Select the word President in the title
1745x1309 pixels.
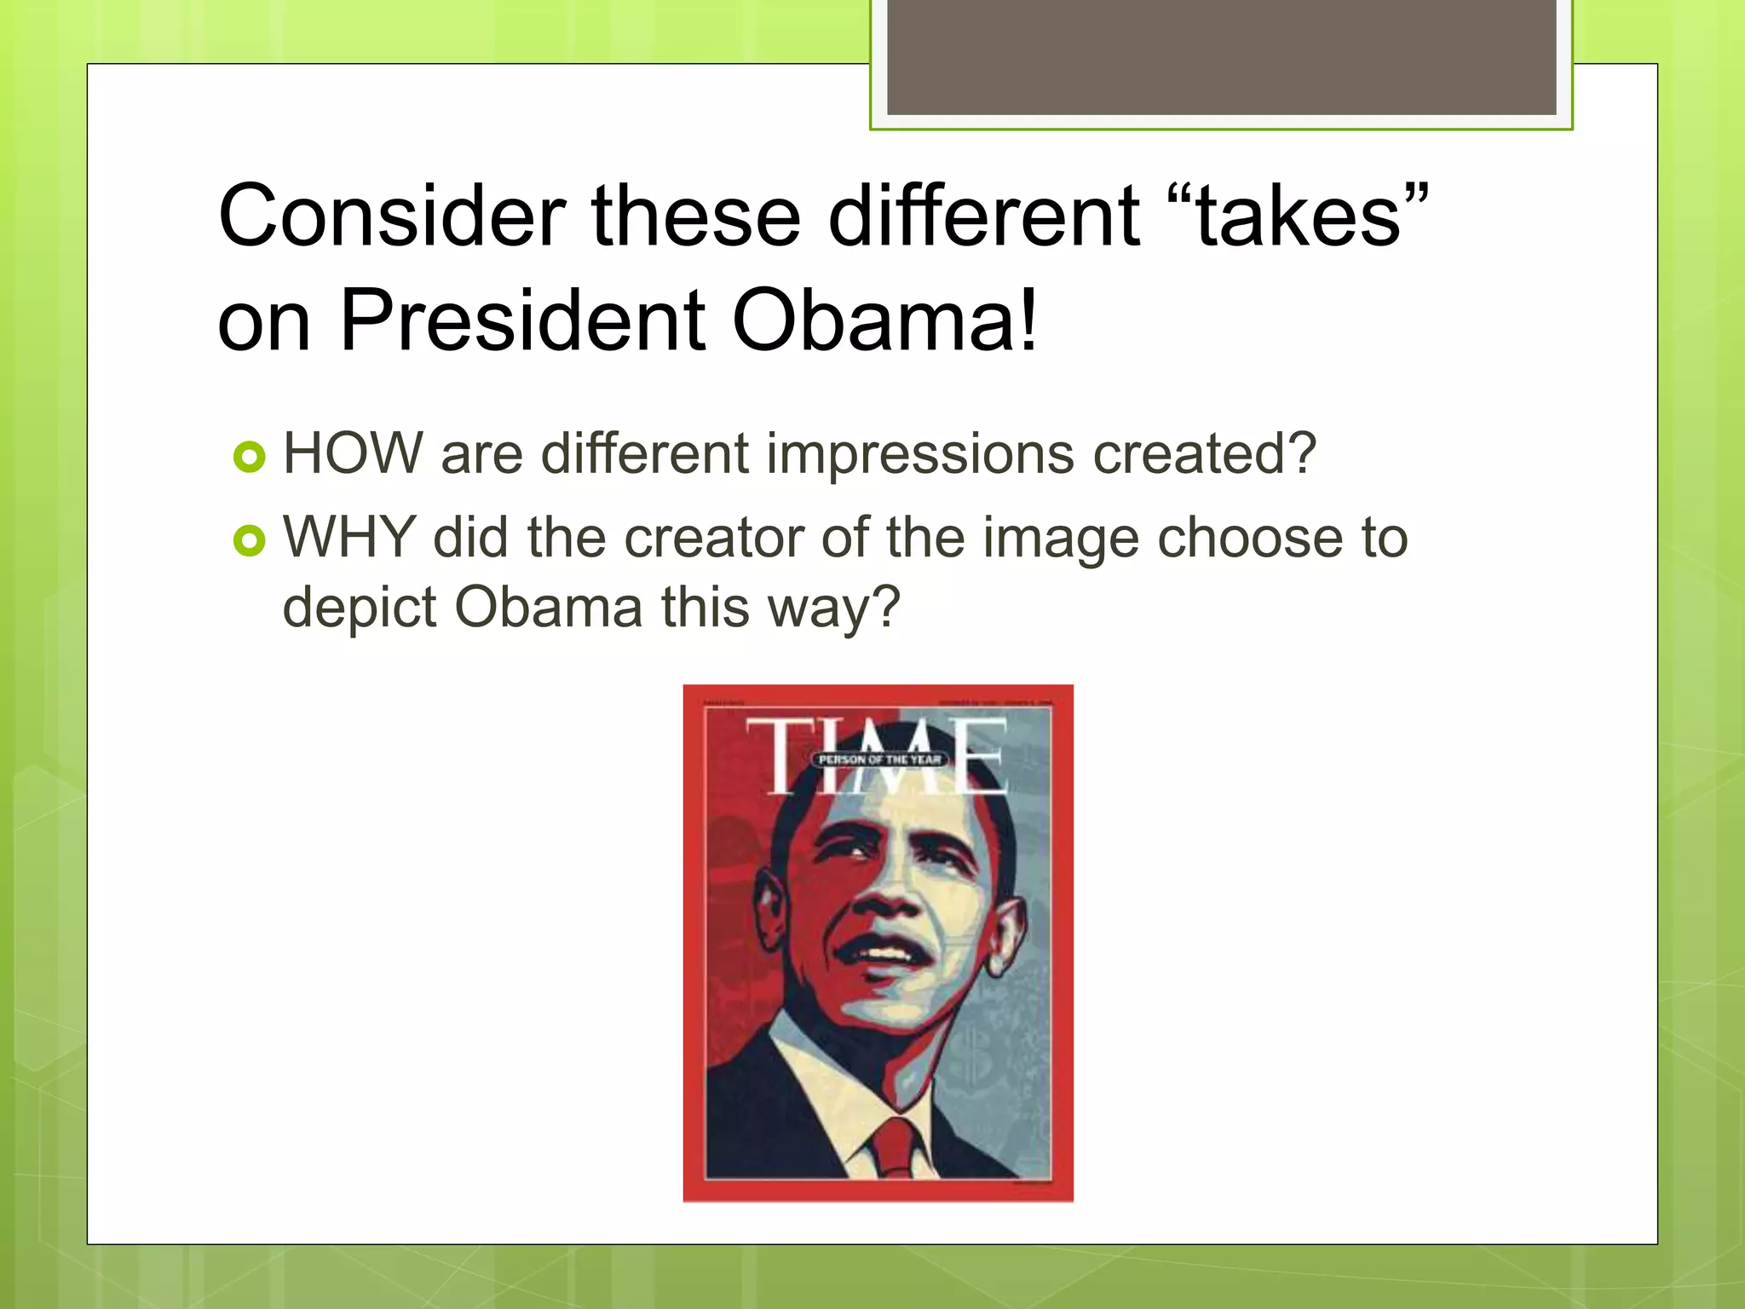(x=522, y=321)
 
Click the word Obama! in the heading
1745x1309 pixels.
(x=886, y=321)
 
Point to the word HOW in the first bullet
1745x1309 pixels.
(x=353, y=453)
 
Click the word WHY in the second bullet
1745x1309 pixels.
(x=349, y=538)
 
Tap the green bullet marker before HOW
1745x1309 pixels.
(x=250, y=457)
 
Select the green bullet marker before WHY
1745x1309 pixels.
(x=250, y=540)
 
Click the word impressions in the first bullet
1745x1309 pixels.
(x=919, y=453)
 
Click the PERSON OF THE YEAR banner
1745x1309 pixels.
(x=879, y=759)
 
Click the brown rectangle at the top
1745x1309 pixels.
(x=1221, y=57)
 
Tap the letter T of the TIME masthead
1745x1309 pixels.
(x=779, y=755)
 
